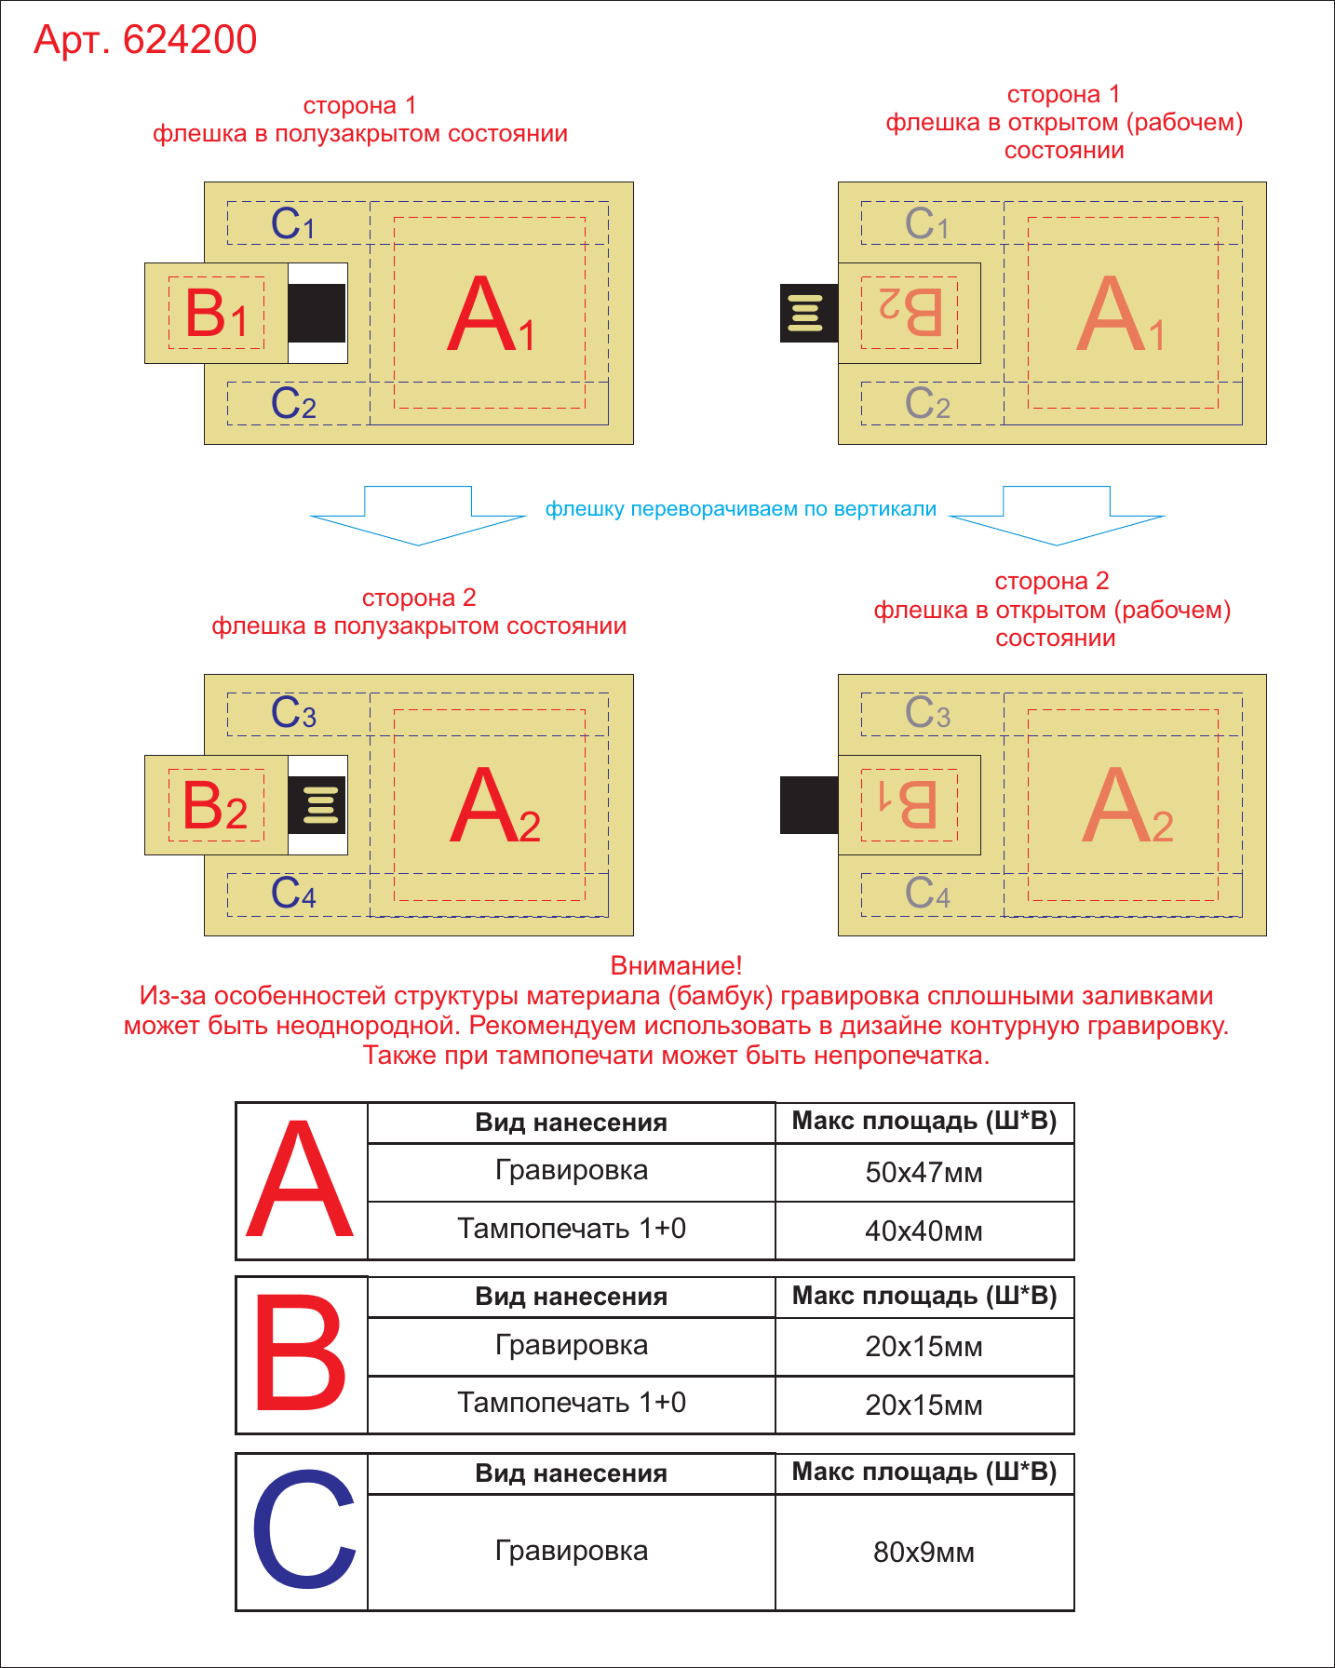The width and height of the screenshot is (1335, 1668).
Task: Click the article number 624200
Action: [x=190, y=40]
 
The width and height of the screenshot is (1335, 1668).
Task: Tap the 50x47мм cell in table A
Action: [x=924, y=1173]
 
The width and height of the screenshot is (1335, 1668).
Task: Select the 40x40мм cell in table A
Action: [x=924, y=1231]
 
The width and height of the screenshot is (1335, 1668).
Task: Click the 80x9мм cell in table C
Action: [x=924, y=1552]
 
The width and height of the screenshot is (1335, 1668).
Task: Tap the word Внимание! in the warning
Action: [x=676, y=965]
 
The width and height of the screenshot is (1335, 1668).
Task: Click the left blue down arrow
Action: [x=418, y=516]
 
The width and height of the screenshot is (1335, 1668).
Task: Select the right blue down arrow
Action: [x=1057, y=516]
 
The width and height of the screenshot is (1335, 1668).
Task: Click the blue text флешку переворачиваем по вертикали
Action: [x=741, y=509]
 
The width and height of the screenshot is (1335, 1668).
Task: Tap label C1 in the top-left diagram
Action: [x=293, y=223]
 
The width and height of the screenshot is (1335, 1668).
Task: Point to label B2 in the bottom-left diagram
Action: [x=215, y=805]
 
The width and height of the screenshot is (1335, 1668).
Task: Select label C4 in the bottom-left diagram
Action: [x=293, y=893]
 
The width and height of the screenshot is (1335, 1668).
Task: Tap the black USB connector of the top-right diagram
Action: [x=809, y=313]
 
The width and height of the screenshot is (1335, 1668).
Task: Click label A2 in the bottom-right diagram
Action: [x=1127, y=805]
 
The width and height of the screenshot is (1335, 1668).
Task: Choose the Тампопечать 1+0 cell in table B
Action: [x=572, y=1403]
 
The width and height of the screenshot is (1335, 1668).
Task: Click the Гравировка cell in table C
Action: [x=572, y=1551]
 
